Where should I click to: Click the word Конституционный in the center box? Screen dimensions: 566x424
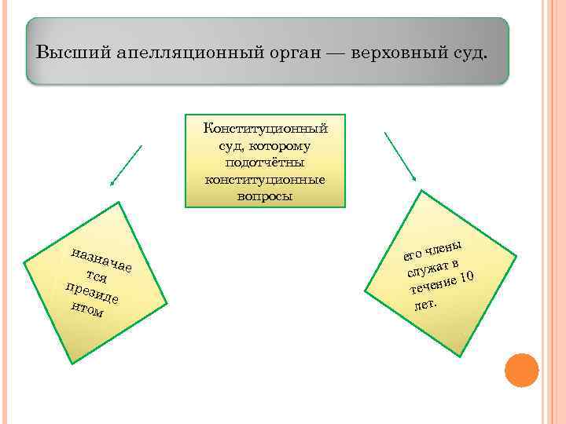[x=265, y=129]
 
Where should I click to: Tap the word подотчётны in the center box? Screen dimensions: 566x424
[x=265, y=163]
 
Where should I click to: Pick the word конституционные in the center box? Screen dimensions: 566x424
[x=265, y=179]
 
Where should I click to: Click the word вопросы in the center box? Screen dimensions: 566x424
[x=265, y=196]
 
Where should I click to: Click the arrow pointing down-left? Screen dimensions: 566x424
[x=126, y=166]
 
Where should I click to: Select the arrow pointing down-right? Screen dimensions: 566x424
[x=402, y=156]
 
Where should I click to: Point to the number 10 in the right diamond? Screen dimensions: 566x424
[x=466, y=276]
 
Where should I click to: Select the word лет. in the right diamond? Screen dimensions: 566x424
[x=424, y=302]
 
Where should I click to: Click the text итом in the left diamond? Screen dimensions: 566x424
[x=86, y=310]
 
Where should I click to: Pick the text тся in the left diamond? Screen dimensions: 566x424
[x=97, y=276]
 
